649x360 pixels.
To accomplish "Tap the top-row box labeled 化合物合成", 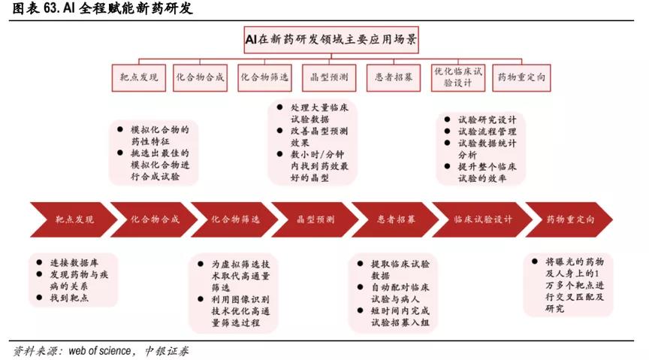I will click(x=200, y=77).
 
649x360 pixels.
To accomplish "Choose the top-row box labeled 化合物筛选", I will click(x=264, y=77).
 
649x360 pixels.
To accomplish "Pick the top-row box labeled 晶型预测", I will click(x=328, y=77).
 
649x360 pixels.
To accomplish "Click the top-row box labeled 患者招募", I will click(x=393, y=77).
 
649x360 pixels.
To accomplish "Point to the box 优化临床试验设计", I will click(x=457, y=77).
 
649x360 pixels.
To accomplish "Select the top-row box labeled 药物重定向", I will click(x=522, y=77).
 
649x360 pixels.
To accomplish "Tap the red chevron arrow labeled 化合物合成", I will click(x=155, y=219).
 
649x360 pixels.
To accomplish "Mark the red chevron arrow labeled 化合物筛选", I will click(x=235, y=219).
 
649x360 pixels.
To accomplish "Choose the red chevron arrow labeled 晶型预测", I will click(x=315, y=219).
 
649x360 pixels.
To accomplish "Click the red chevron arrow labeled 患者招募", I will click(x=396, y=219).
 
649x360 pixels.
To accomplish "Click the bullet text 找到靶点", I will click(x=70, y=298).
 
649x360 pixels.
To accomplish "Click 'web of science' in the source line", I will click(x=101, y=350).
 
